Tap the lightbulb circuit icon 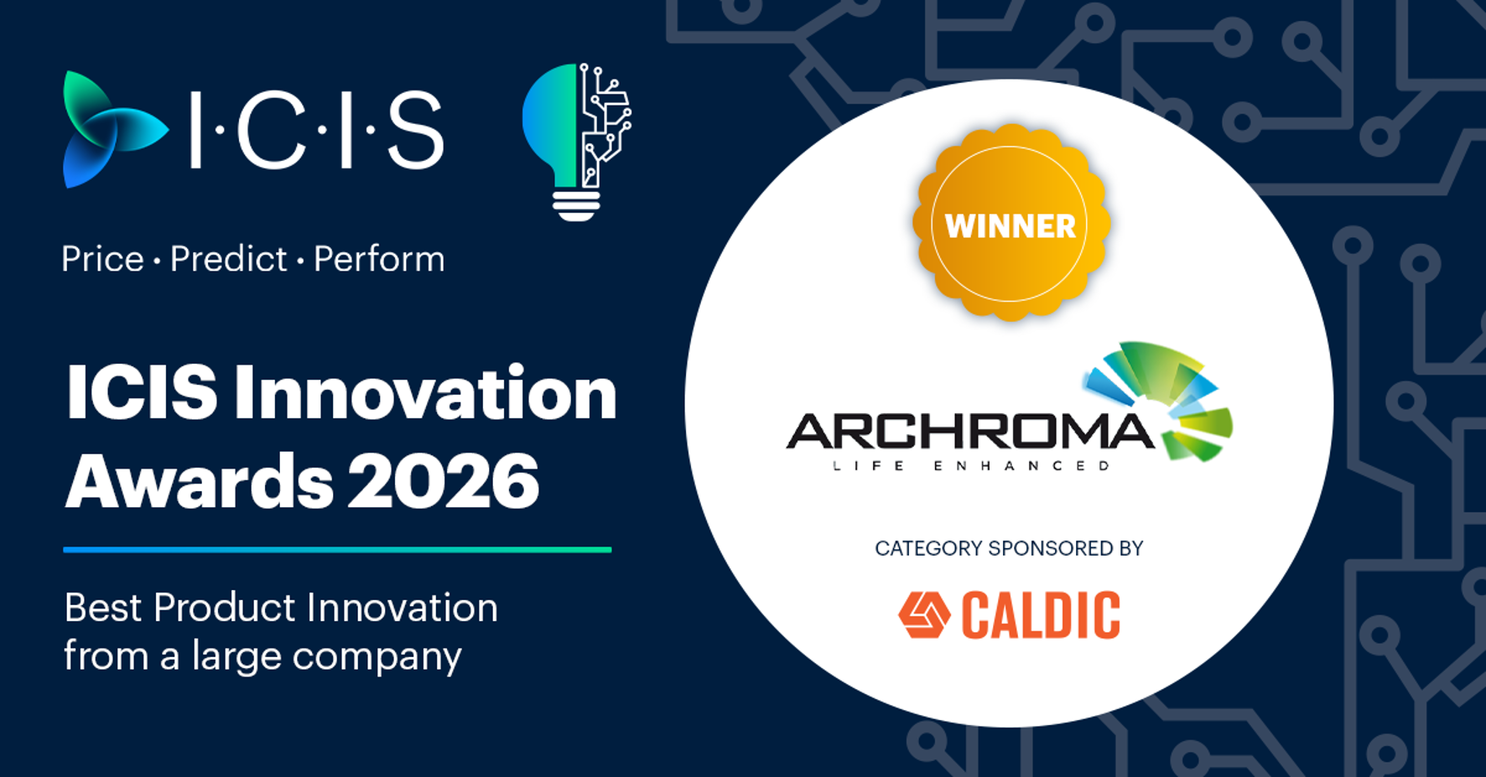click(577, 142)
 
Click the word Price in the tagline click(102, 259)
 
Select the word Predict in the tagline click(228, 259)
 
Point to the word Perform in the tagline click(379, 260)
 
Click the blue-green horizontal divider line click(337, 550)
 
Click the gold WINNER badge click(1011, 224)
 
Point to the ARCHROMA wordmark click(970, 432)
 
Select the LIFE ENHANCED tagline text click(971, 466)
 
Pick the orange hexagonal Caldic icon click(924, 615)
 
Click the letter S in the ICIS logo click(415, 130)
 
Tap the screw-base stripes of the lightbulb click(576, 205)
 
